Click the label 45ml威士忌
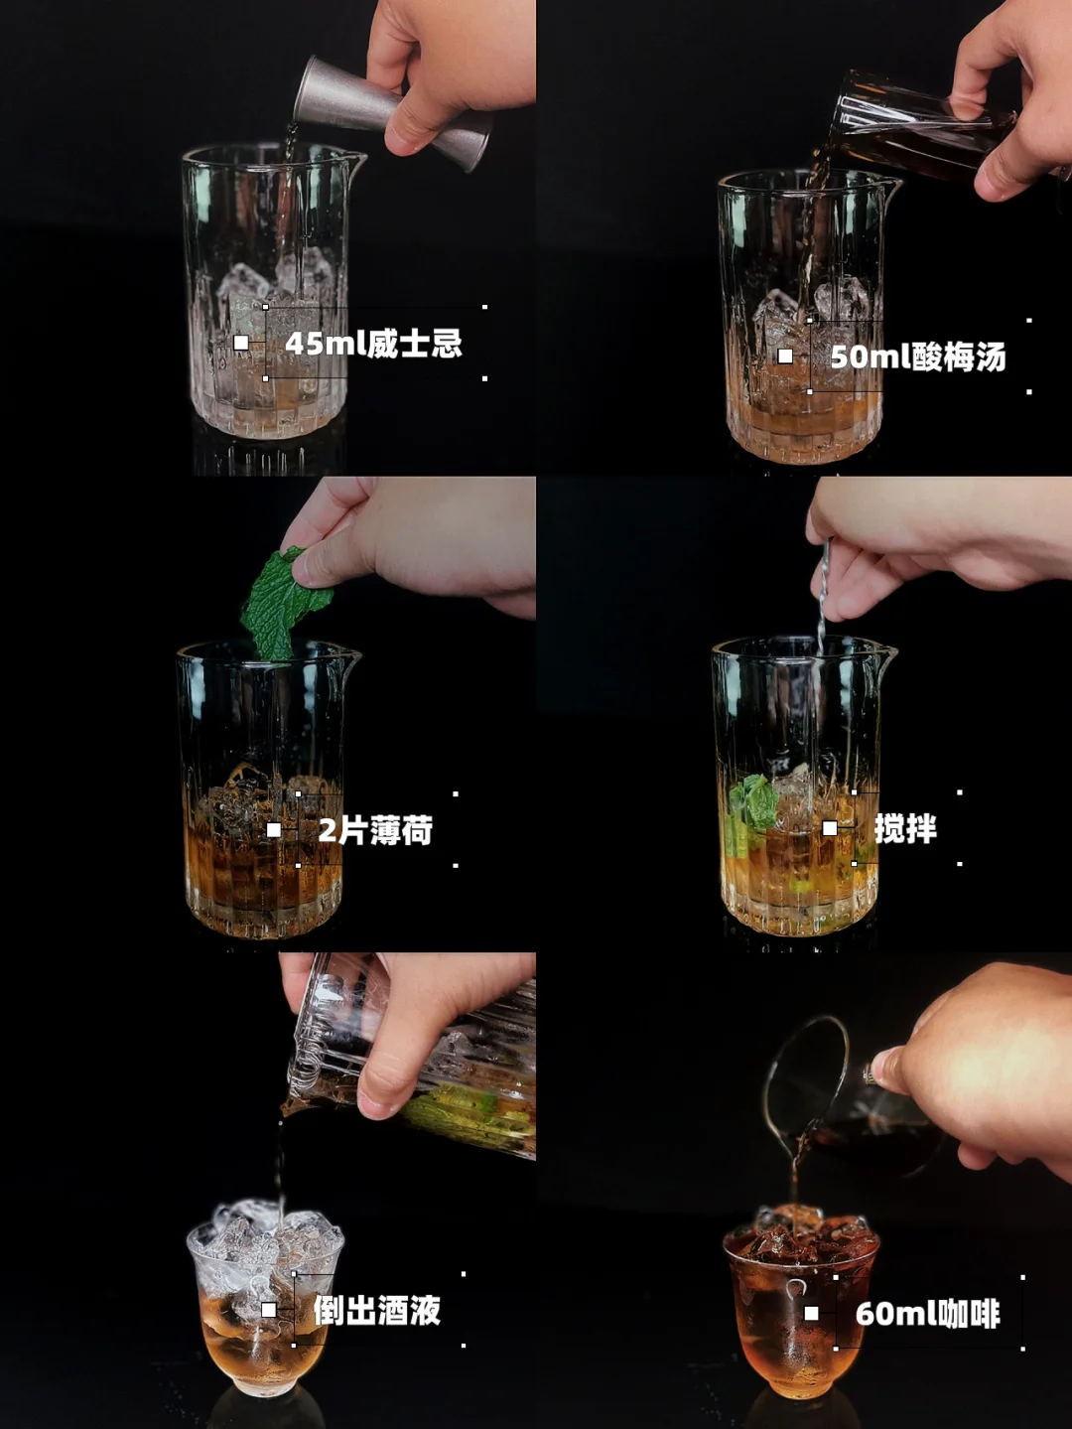(373, 343)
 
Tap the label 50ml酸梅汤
(918, 357)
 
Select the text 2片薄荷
(375, 831)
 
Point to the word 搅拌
(905, 829)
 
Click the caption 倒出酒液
(377, 1310)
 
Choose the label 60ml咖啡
(927, 1314)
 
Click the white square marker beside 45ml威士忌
(241, 343)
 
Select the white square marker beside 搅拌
(830, 828)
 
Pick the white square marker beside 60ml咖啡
(811, 1313)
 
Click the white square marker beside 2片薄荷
(274, 830)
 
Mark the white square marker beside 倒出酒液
(269, 1309)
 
